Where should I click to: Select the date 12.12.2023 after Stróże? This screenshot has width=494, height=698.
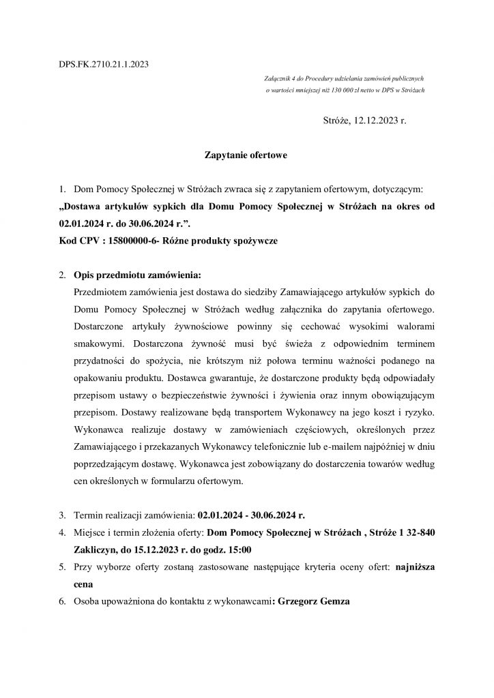(373, 121)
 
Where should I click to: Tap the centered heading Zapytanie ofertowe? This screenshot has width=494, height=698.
(246, 155)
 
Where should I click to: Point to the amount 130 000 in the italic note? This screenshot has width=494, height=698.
(330, 91)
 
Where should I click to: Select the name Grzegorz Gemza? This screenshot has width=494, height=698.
(311, 602)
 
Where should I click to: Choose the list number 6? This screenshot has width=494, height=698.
(62, 602)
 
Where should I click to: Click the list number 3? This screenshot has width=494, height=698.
(62, 515)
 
